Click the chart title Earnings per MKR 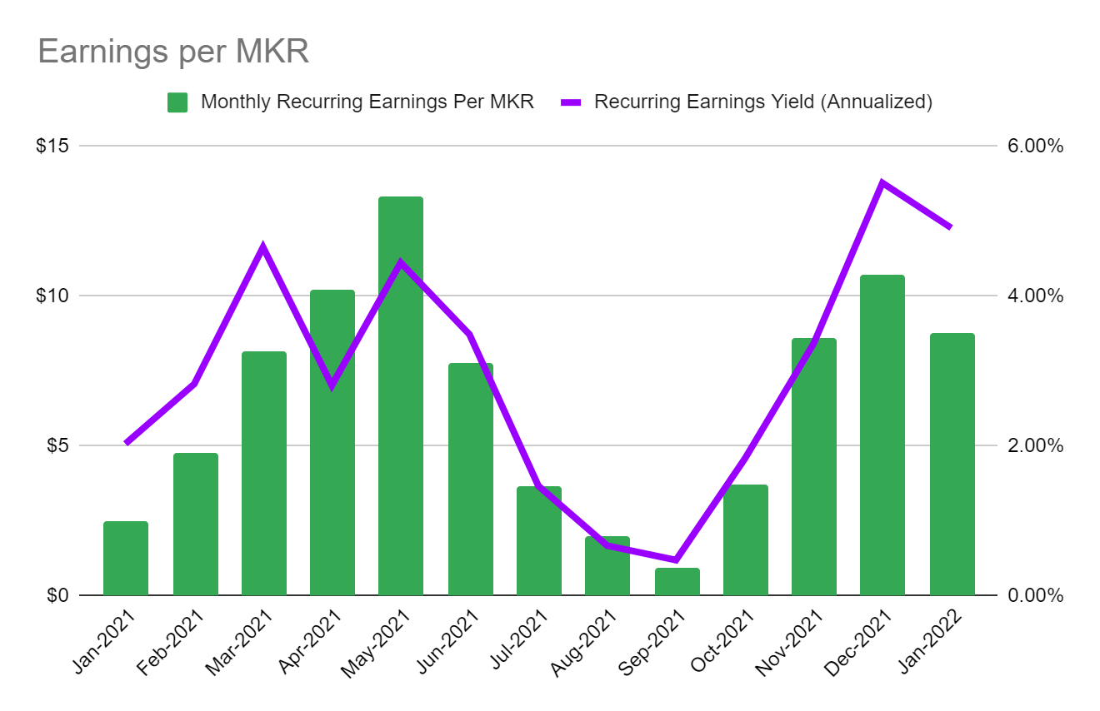[173, 52]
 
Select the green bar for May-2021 [401, 395]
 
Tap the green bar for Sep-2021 [677, 582]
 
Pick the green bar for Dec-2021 [882, 435]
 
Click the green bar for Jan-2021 [126, 558]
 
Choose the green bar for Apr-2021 [332, 442]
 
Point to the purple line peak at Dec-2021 [882, 182]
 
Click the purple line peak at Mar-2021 [263, 247]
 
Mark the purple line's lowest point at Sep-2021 [677, 559]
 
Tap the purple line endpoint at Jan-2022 [951, 226]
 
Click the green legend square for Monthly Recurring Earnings [177, 102]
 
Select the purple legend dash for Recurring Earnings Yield [571, 102]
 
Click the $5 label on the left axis [57, 445]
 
